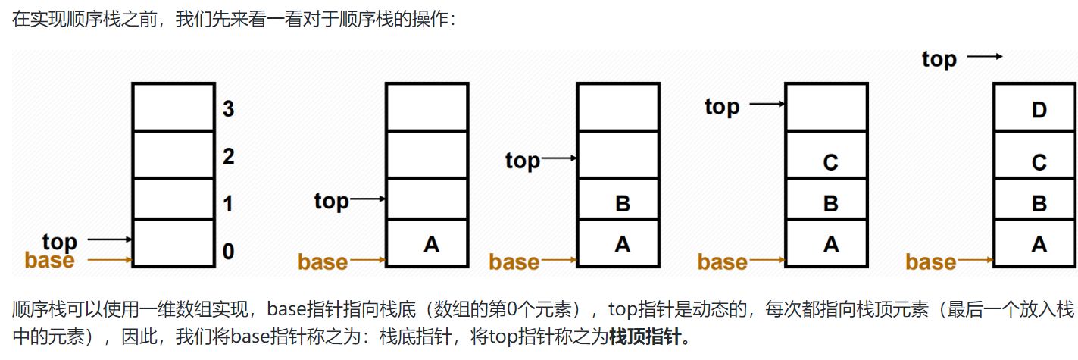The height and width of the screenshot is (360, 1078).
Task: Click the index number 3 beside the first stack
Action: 228,109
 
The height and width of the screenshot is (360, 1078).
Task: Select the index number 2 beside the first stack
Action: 228,157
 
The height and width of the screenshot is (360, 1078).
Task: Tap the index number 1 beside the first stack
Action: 228,204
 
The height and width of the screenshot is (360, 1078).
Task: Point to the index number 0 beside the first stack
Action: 228,251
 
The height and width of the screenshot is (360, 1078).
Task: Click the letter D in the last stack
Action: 1039,111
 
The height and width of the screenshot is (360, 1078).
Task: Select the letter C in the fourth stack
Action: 830,162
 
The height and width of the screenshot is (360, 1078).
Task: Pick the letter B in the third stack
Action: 622,204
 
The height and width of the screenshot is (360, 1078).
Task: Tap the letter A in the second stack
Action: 431,244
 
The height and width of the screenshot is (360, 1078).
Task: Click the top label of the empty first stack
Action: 60,242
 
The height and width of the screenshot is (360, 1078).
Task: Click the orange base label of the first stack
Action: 50,261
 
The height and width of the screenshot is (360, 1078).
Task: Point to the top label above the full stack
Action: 939,59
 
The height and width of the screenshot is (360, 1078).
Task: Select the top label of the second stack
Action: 332,201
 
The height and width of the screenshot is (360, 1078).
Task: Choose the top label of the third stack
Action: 523,161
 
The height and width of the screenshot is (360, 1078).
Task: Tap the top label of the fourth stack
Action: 722,107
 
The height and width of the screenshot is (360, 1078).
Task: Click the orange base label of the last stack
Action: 930,262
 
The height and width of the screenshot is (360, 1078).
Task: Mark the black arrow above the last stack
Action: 985,56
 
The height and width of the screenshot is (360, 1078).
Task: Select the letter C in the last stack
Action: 1039,162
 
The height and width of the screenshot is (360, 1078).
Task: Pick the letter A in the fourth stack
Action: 830,244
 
